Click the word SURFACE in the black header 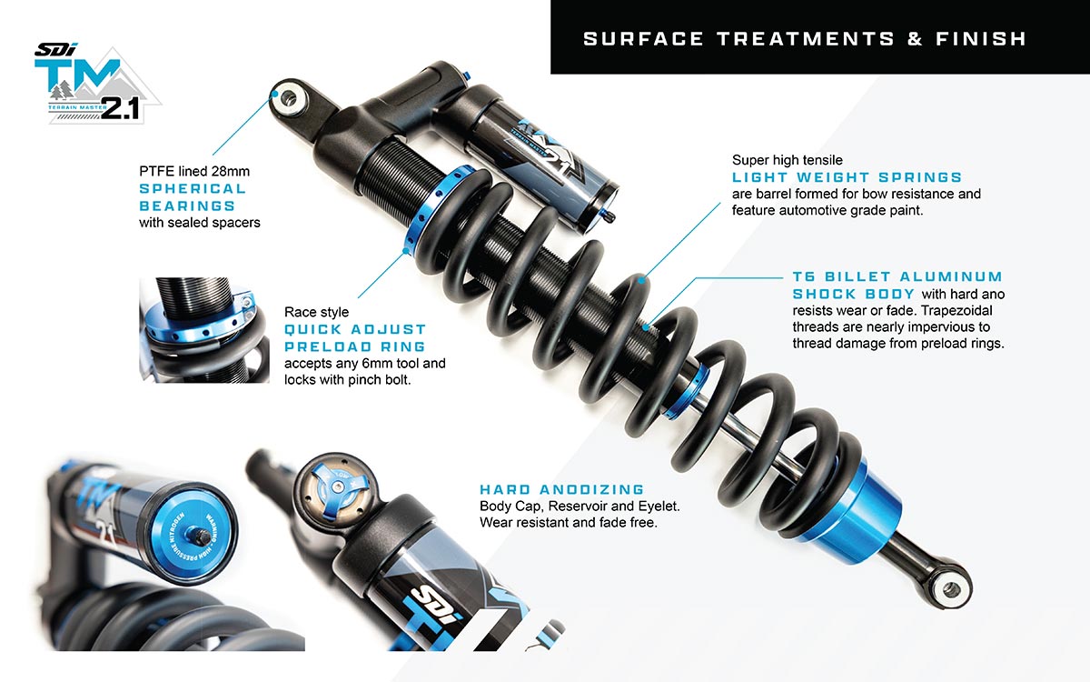point(643,39)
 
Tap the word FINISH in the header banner point(980,39)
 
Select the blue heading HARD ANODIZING point(562,489)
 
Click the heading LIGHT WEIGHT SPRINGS point(847,177)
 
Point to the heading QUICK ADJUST point(355,330)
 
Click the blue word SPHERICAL point(193,189)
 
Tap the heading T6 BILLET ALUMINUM point(897,276)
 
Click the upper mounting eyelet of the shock point(289,99)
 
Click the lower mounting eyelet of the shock point(951,590)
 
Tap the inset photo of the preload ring point(204,330)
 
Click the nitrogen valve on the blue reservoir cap point(198,536)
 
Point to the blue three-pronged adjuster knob point(336,488)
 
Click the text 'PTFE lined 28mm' point(194,172)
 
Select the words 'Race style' point(316,312)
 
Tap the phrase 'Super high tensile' point(788,160)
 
